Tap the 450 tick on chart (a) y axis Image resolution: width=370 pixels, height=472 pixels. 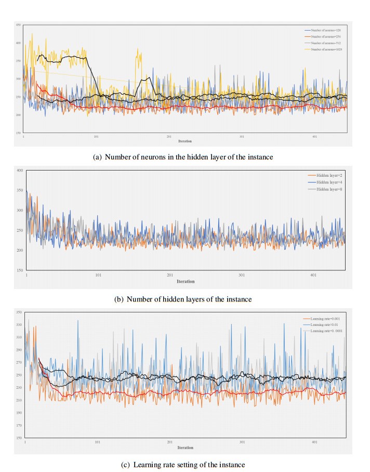tap(18, 25)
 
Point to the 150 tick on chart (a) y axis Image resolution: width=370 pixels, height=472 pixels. tap(18, 133)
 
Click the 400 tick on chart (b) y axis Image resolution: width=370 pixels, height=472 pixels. tap(20, 171)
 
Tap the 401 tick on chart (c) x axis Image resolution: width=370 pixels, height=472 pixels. tap(314, 442)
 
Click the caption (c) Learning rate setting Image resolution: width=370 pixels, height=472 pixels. tap(185, 463)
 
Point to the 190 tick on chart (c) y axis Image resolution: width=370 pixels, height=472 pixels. tap(18, 413)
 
